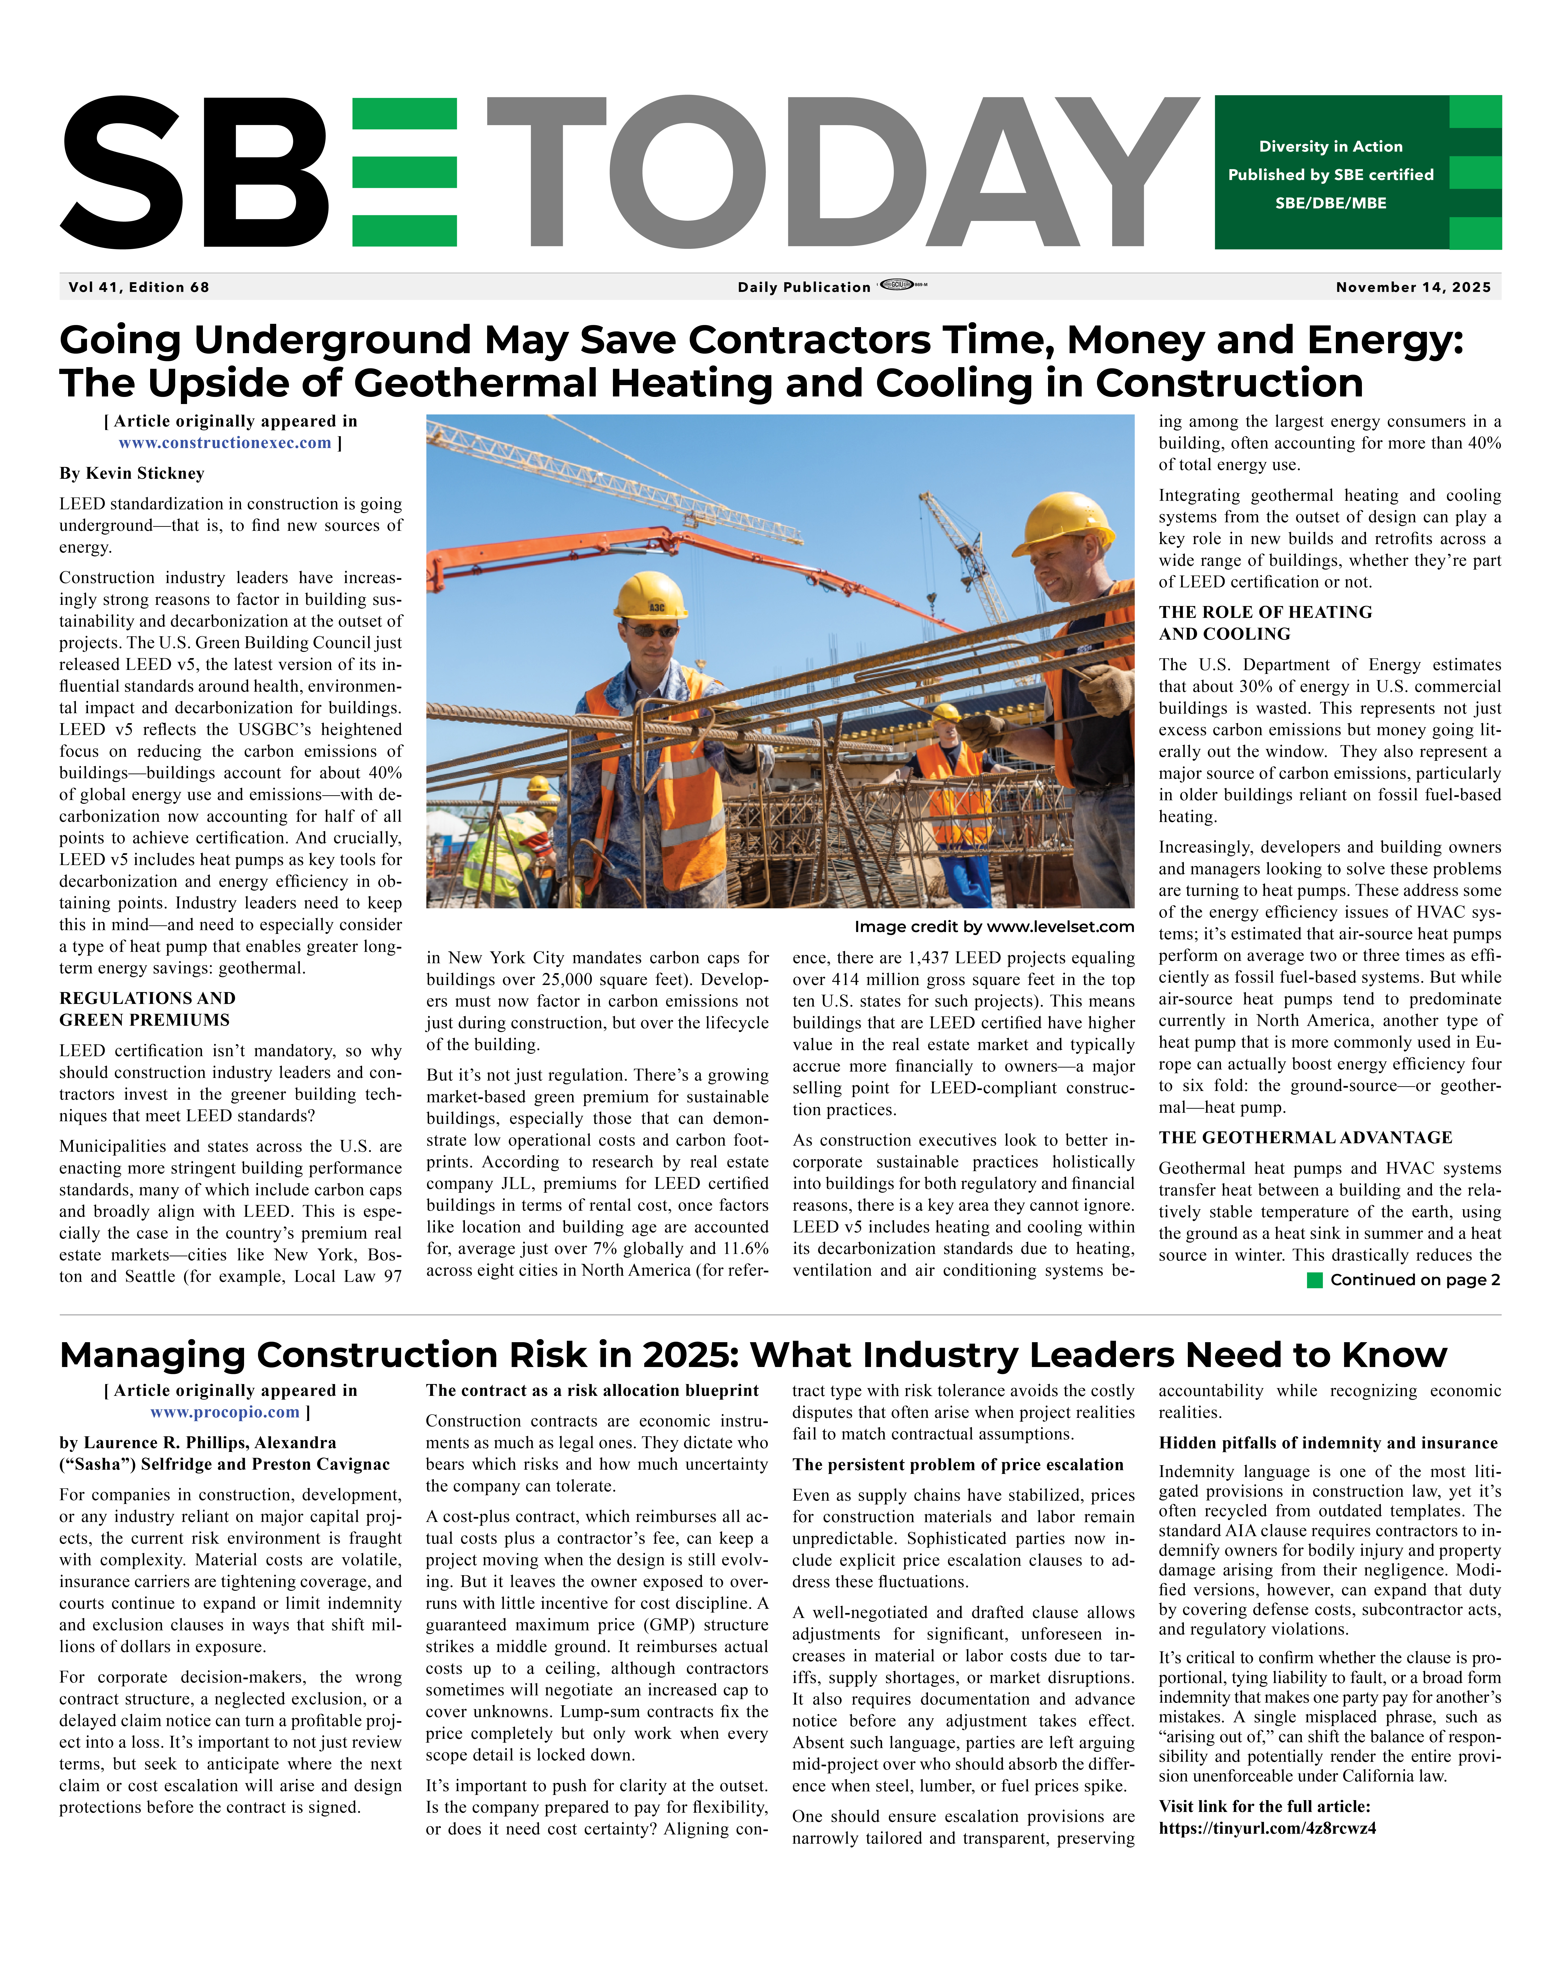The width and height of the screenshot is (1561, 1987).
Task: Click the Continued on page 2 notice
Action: (1415, 1279)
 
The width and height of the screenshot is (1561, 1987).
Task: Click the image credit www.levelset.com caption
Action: (994, 927)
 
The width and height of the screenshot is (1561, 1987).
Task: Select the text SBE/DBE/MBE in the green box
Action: (1331, 203)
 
